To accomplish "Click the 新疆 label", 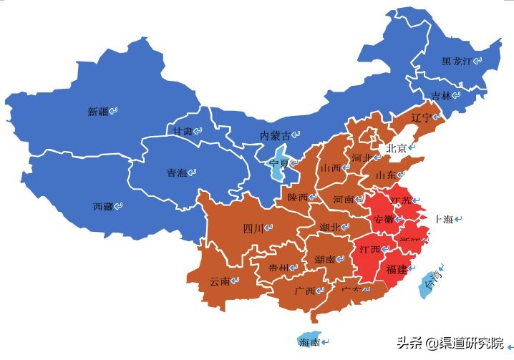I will coord(98,112).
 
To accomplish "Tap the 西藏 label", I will coord(103,206).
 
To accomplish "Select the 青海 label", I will coord(177,172).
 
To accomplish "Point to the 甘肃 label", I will coord(182,132).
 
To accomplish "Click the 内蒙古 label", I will coord(276,135).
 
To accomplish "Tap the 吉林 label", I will coord(442,96).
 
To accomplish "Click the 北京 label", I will coord(397,148).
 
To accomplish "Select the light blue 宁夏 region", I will coord(279,163).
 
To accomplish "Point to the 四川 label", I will coord(253,229).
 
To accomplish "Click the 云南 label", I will coord(220,281).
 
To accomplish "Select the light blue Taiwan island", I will coord(432,282).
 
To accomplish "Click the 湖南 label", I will coord(325,259).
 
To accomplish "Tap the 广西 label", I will coord(305,291).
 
